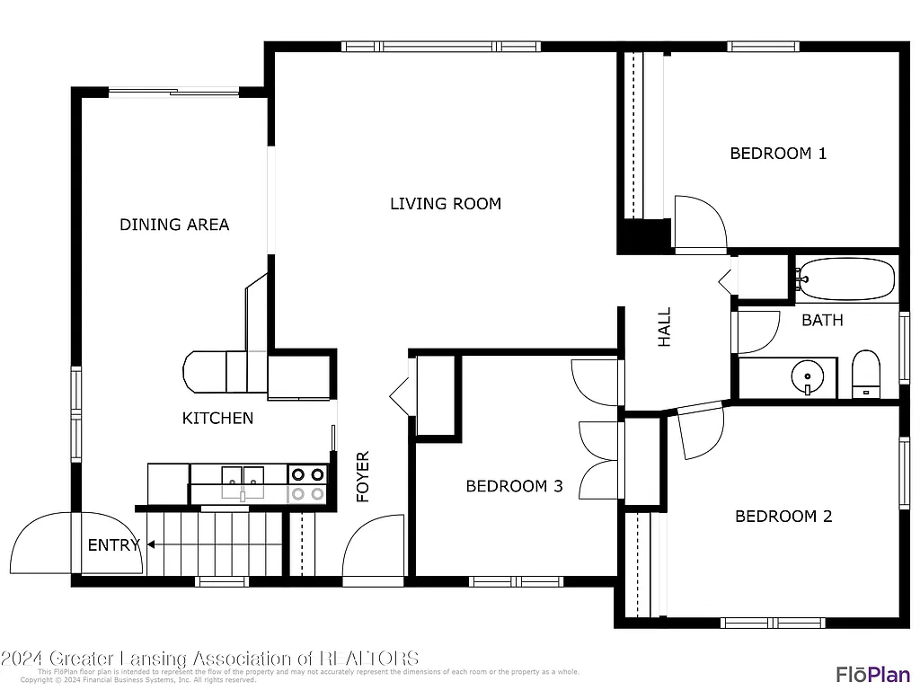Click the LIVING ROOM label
pyautogui.click(x=445, y=204)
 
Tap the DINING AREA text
pyautogui.click(x=174, y=225)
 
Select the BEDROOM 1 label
pyautogui.click(x=777, y=154)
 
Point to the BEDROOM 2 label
pyautogui.click(x=783, y=517)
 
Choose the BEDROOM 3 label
pyautogui.click(x=514, y=486)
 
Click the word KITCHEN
pyautogui.click(x=217, y=418)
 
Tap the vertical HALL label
pyautogui.click(x=665, y=327)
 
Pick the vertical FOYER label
pyautogui.click(x=363, y=476)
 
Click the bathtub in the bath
pyautogui.click(x=846, y=279)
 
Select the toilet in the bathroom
pyautogui.click(x=865, y=374)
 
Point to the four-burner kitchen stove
pyautogui.click(x=306, y=483)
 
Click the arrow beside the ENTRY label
pyautogui.click(x=150, y=544)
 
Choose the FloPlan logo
pyautogui.click(x=873, y=674)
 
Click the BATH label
pyautogui.click(x=822, y=320)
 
